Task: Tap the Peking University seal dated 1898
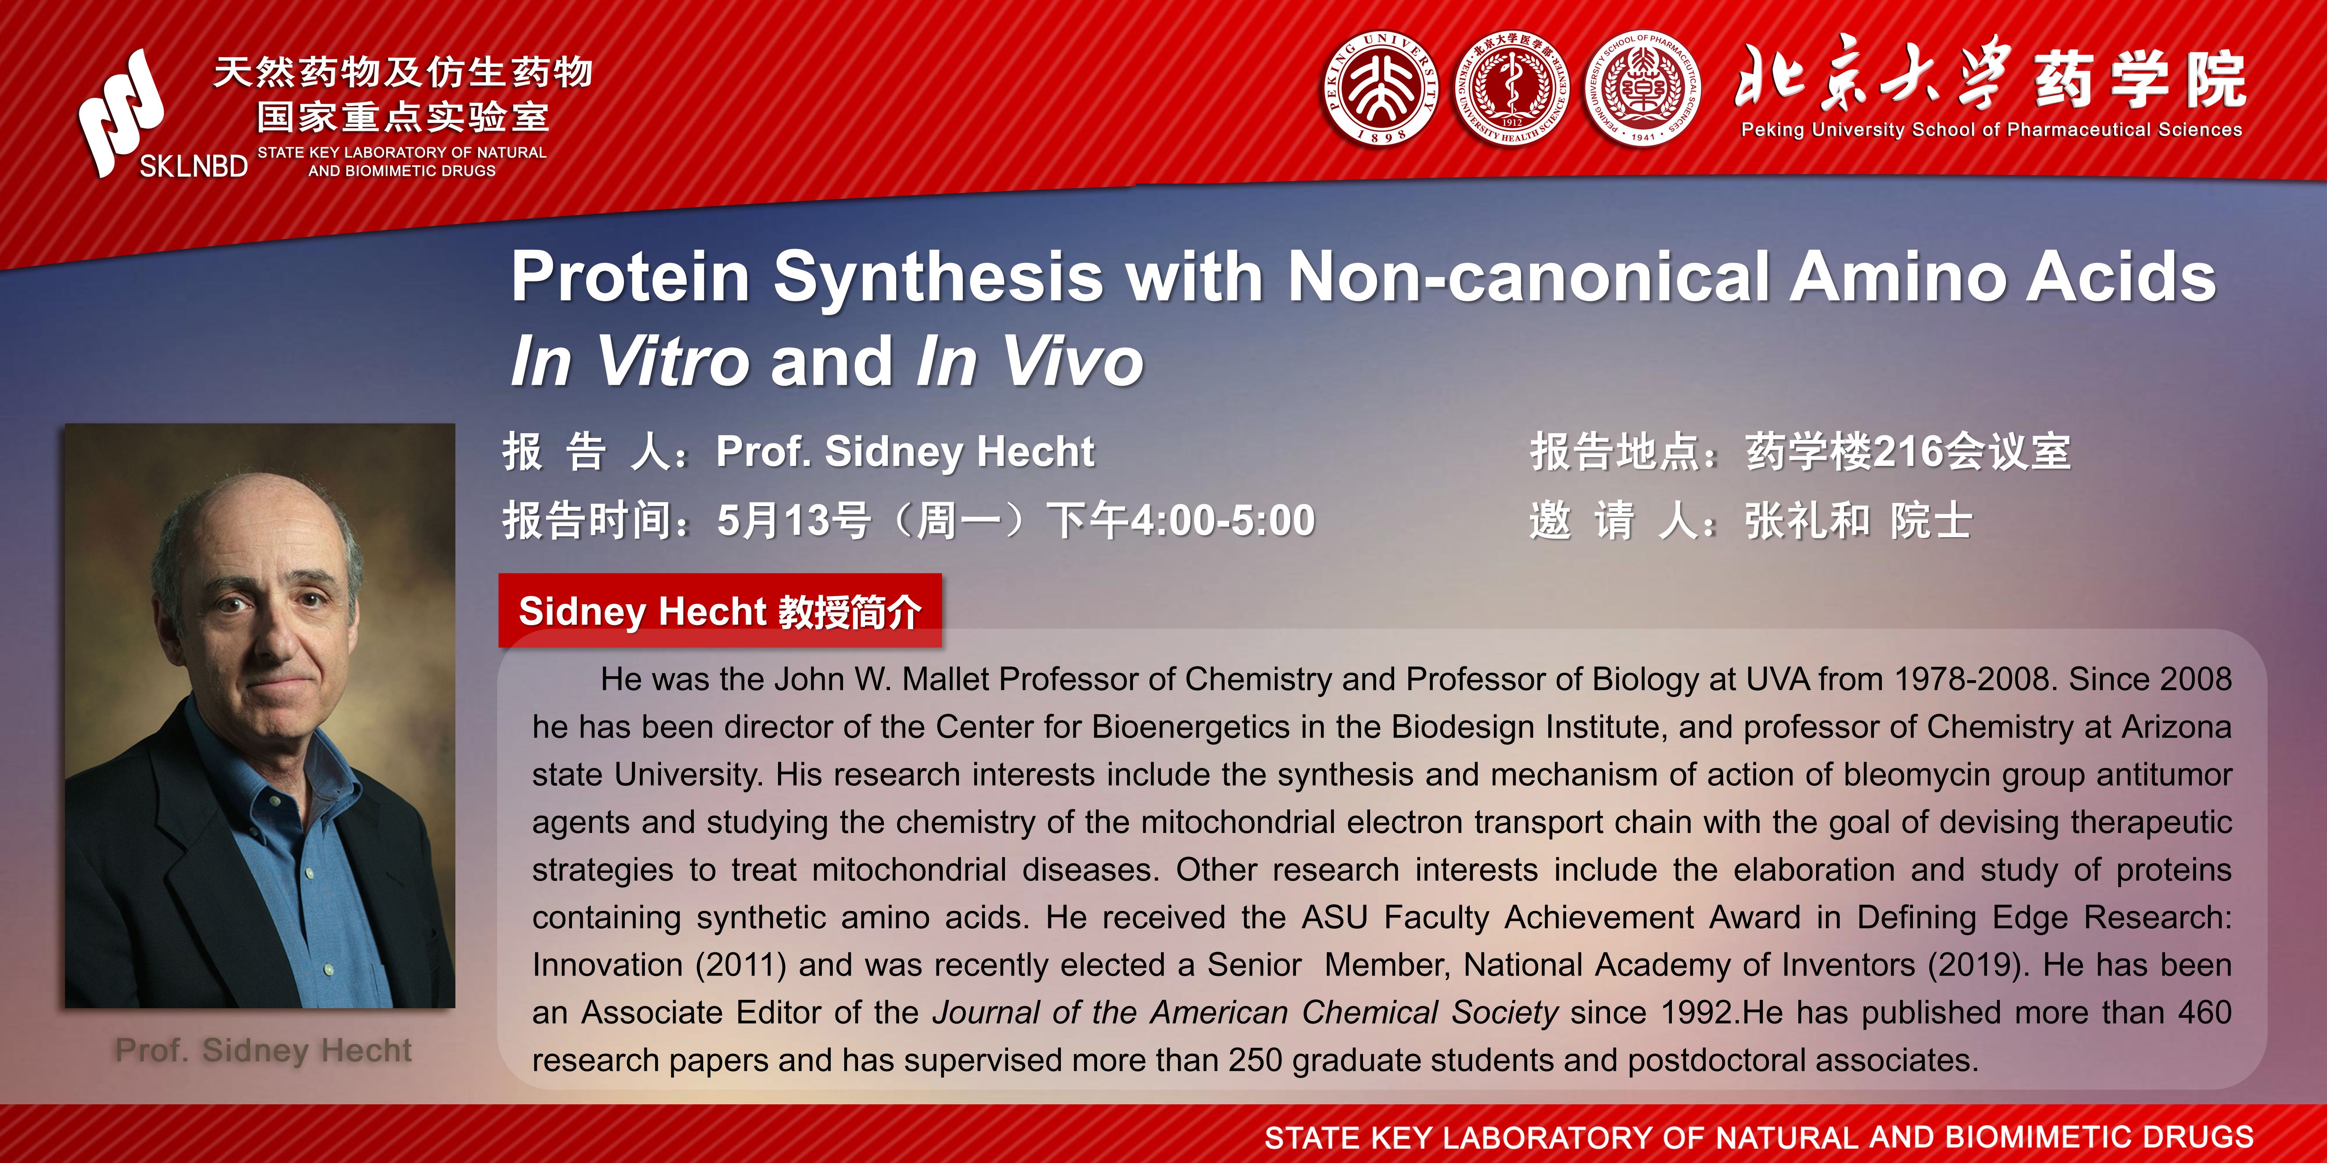coord(1380,89)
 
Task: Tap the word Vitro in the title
coord(673,361)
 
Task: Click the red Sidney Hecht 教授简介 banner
coord(720,610)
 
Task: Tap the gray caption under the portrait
coord(263,1050)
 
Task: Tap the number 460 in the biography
coord(2204,1012)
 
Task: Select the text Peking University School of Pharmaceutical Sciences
coord(1992,129)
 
